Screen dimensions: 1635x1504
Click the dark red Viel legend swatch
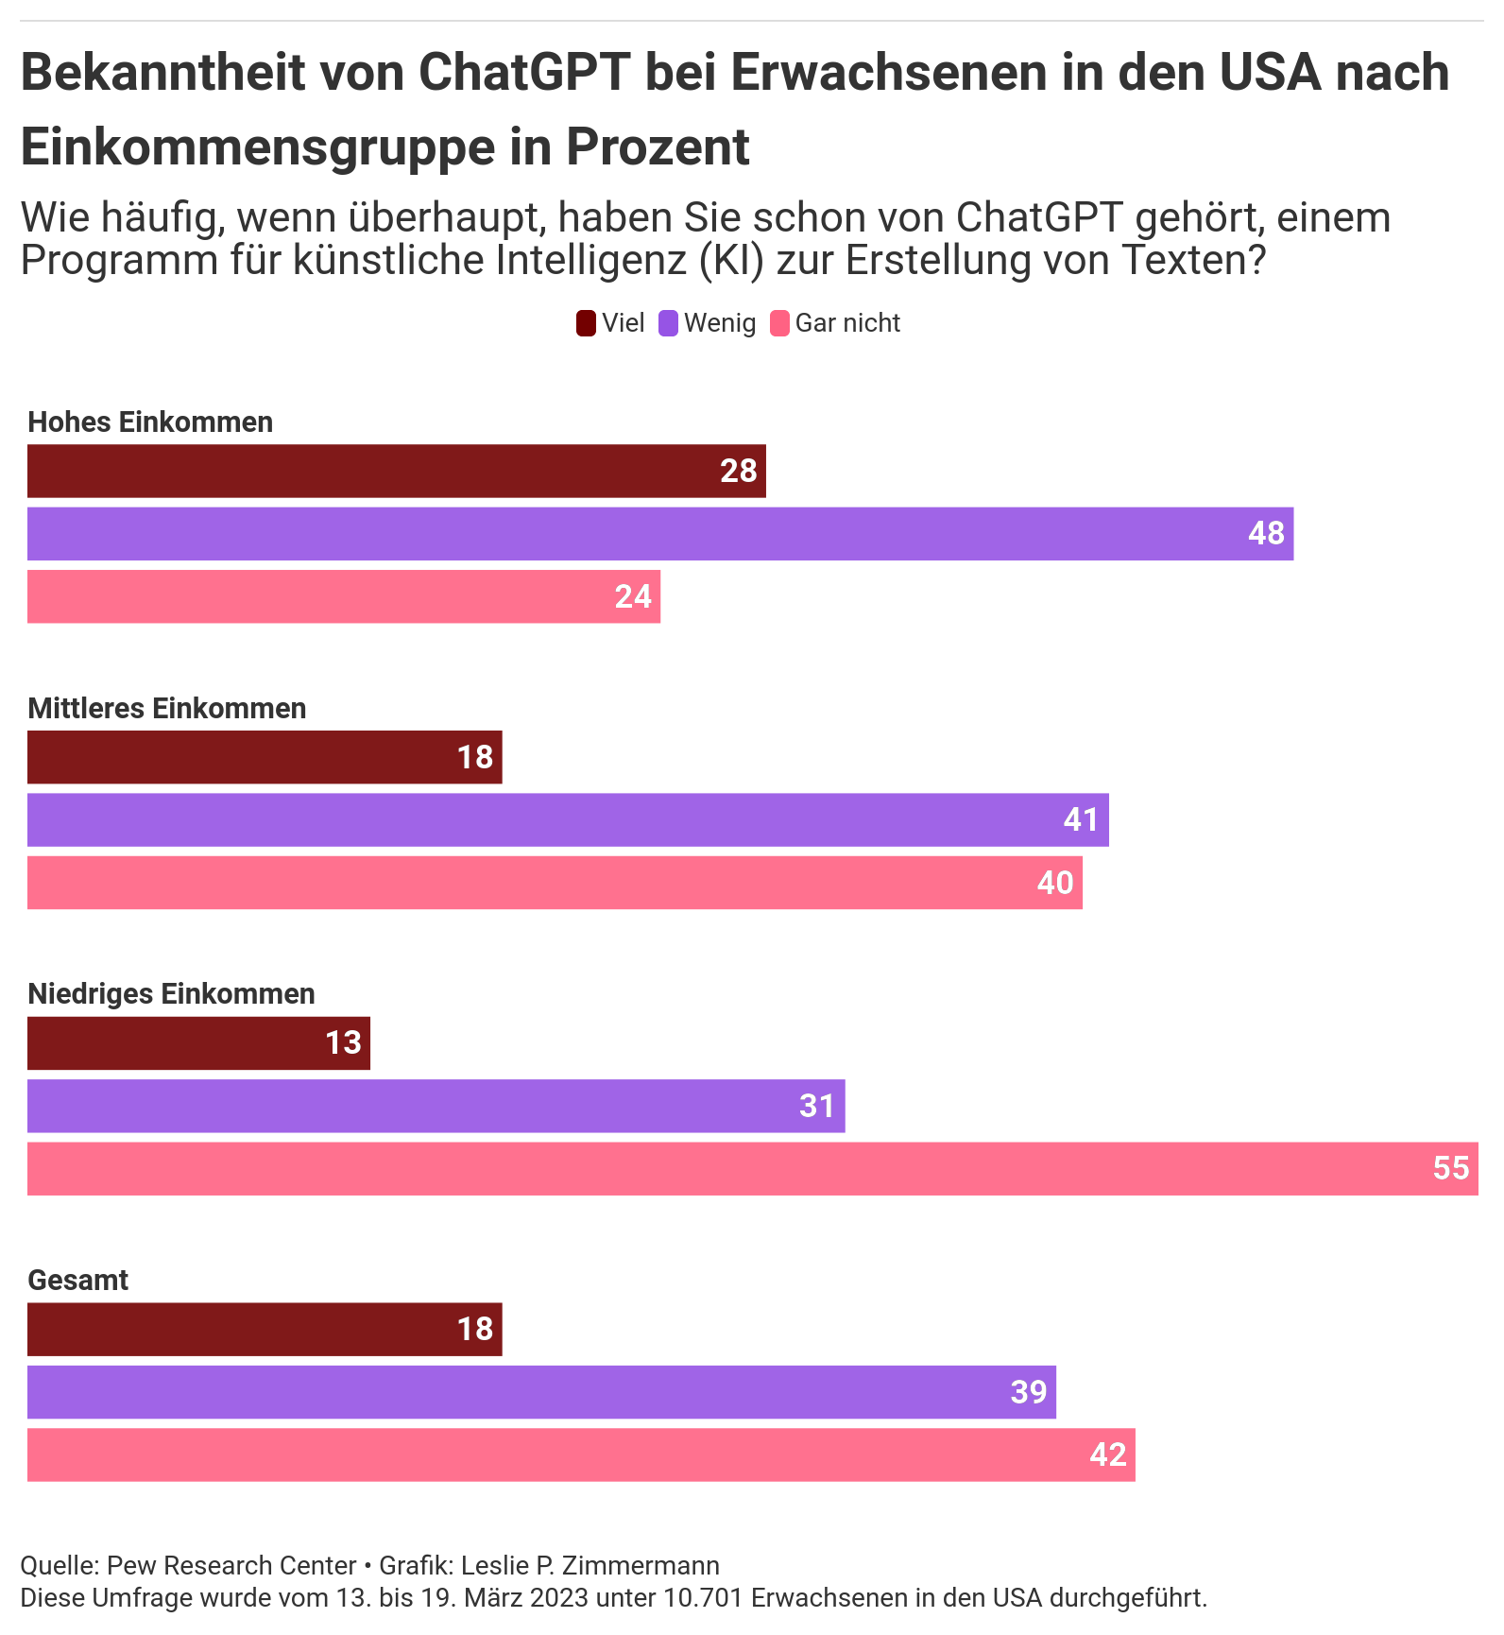586,323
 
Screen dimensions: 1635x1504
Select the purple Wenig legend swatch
669,323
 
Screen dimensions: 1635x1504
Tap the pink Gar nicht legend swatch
779,323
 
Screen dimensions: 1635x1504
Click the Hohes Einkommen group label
150,422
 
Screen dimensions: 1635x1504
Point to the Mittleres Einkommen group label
167,708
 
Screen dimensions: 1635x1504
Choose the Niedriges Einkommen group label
171,994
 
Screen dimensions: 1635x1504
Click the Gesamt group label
78,1281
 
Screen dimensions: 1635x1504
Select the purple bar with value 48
659,534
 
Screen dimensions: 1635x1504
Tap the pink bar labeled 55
752,1169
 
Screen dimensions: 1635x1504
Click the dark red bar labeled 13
198,1043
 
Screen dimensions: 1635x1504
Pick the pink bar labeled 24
343,596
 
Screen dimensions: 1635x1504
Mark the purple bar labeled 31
436,1106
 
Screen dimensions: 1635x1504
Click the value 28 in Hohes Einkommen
739,471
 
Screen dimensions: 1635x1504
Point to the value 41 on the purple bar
1082,819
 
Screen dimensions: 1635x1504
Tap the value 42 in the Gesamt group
1108,1454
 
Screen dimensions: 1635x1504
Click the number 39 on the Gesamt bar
1029,1392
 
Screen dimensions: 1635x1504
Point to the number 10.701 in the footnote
699,1598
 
